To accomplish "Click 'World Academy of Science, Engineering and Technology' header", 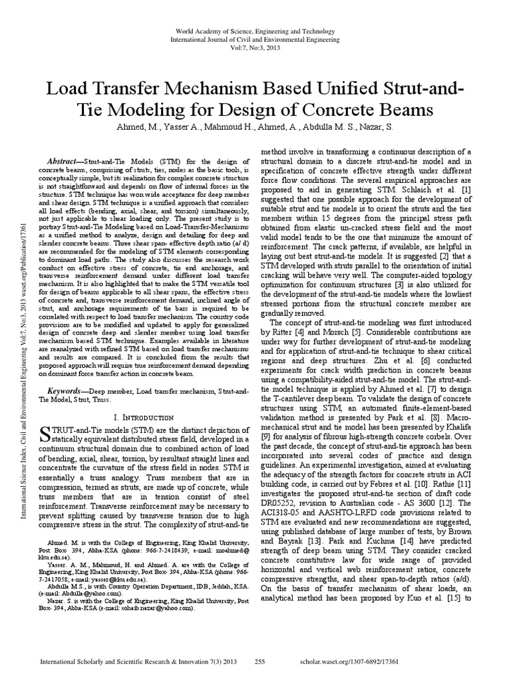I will coord(255,33).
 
